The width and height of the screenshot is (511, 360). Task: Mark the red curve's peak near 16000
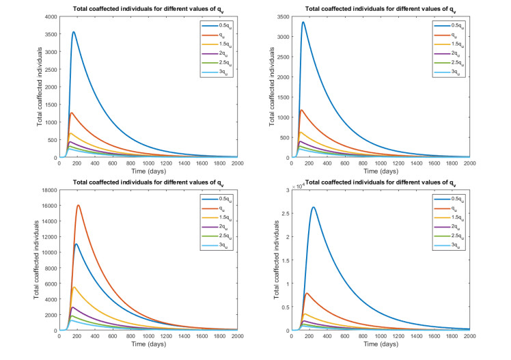point(79,206)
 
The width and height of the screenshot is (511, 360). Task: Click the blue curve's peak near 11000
point(77,244)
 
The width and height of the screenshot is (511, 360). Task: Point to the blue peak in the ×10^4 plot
point(314,207)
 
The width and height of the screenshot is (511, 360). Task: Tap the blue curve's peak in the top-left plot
point(73,31)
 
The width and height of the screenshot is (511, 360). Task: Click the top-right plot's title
point(381,9)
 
